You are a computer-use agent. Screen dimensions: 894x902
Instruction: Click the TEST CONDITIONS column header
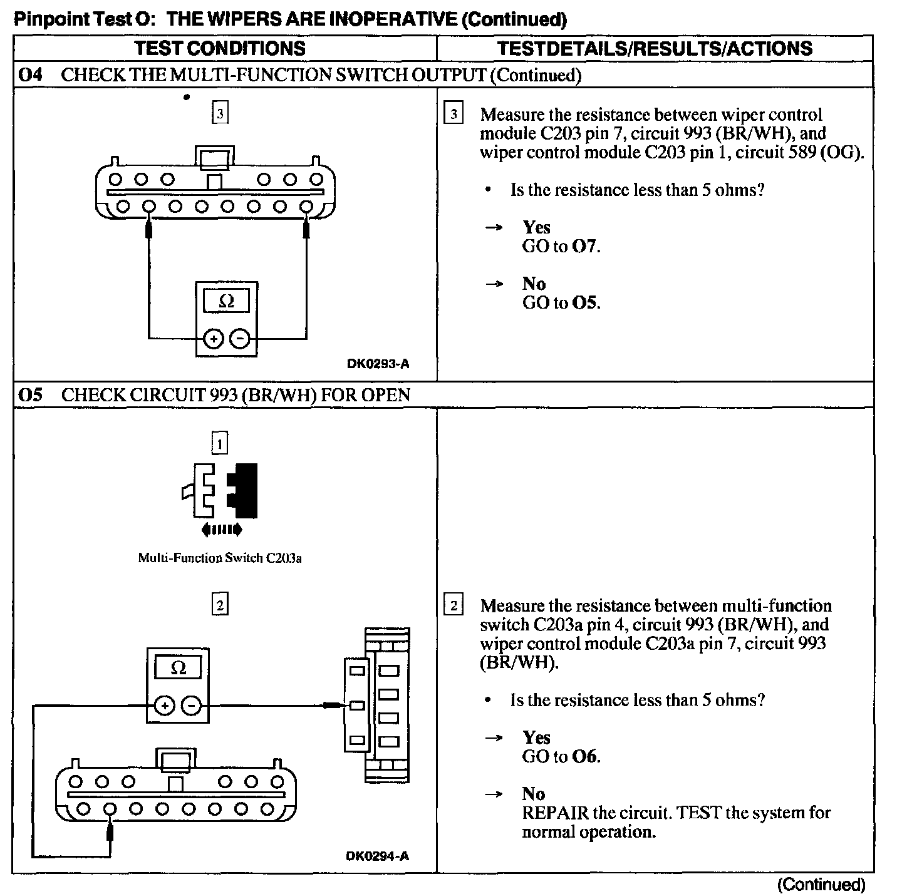220,48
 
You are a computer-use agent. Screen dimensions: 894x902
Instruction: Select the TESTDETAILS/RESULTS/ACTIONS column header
655,48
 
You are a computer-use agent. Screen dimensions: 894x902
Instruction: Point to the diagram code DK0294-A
378,856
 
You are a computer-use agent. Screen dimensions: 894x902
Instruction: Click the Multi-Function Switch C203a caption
220,558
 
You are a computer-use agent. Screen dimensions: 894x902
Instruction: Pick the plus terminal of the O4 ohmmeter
214,339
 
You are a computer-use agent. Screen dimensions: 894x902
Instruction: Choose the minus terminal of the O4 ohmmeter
239,339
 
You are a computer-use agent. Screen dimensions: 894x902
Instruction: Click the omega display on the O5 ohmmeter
178,668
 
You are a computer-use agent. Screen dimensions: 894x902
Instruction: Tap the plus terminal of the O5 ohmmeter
165,706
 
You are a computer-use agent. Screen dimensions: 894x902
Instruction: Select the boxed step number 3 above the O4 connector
220,114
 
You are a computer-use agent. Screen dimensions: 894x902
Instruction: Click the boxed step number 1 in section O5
220,444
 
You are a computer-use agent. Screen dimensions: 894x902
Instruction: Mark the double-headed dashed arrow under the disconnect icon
221,530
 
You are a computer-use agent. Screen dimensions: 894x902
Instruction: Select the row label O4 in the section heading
31,75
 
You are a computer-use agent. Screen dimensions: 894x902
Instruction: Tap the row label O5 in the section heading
31,395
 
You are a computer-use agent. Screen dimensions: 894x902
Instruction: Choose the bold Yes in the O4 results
536,227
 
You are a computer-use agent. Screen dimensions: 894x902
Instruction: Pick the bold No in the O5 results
534,794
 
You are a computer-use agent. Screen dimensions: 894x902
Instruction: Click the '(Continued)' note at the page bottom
821,884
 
